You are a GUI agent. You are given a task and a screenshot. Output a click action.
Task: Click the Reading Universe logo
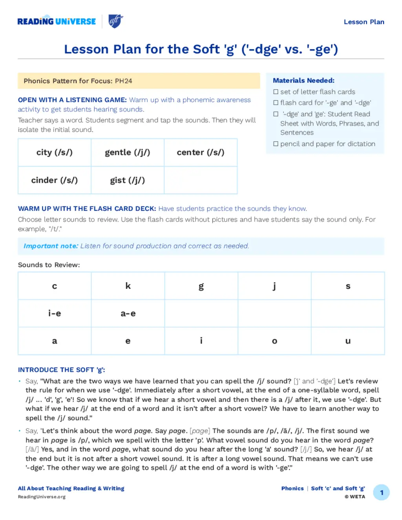point(57,22)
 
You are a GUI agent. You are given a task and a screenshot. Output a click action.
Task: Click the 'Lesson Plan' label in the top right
point(364,22)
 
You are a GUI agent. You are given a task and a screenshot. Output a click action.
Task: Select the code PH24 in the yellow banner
point(123,81)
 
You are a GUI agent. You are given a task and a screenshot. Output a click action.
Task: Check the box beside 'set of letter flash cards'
point(276,92)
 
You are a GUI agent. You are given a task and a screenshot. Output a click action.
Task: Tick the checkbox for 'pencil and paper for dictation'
point(276,144)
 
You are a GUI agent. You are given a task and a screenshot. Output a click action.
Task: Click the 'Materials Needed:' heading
point(303,80)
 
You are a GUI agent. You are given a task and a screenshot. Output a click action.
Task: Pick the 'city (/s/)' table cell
point(55,153)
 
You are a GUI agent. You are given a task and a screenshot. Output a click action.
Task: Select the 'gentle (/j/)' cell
point(128,153)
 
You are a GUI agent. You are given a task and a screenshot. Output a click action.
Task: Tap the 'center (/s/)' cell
point(201,153)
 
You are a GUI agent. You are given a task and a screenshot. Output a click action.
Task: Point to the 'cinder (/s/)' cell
point(55,180)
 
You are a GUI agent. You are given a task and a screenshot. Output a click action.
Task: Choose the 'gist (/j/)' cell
point(128,180)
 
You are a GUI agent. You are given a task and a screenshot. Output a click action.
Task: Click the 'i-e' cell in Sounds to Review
point(55,314)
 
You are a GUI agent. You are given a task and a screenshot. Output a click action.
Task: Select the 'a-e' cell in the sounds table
point(128,314)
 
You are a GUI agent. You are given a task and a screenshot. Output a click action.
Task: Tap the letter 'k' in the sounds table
point(128,286)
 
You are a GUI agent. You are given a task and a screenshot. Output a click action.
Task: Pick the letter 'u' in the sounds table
point(348,341)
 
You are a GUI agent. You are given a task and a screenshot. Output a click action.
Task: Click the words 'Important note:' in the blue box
point(51,246)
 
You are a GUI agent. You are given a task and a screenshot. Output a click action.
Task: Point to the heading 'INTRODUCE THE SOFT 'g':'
point(61,370)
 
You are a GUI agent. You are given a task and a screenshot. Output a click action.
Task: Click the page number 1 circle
point(382,493)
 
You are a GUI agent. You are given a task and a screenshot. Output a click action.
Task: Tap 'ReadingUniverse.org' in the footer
point(42,497)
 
